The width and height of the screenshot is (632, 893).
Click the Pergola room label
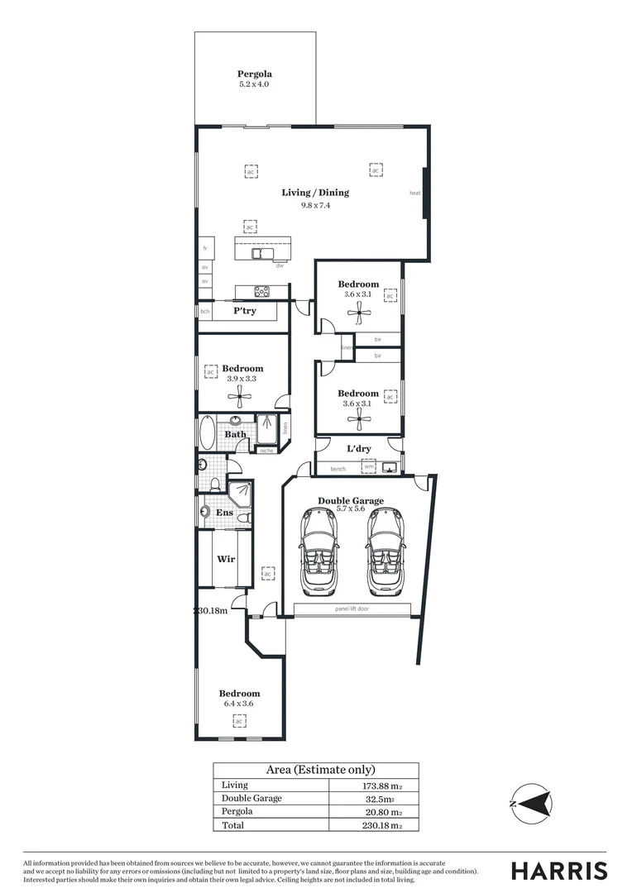[x=255, y=74]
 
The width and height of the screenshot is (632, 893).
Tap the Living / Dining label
[x=315, y=193]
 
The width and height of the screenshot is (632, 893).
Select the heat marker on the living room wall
[x=415, y=193]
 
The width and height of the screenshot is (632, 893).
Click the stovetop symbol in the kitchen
[x=262, y=290]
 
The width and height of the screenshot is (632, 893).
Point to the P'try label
[x=244, y=311]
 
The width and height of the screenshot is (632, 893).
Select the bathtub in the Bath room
[x=205, y=433]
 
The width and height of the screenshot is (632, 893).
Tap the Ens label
[x=224, y=513]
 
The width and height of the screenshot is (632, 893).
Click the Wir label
[x=225, y=559]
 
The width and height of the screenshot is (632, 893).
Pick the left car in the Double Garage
[x=319, y=552]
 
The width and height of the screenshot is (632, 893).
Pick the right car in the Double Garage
[x=384, y=552]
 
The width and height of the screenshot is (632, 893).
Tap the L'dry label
[x=358, y=449]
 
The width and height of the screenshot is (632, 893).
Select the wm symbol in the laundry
[x=368, y=468]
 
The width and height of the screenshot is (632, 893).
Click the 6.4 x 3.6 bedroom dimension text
[x=239, y=704]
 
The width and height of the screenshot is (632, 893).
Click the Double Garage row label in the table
[x=251, y=799]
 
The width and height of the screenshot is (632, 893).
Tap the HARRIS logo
[x=558, y=870]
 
